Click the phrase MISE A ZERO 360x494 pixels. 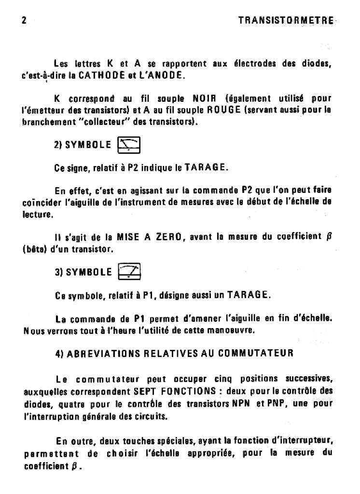tap(150, 237)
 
